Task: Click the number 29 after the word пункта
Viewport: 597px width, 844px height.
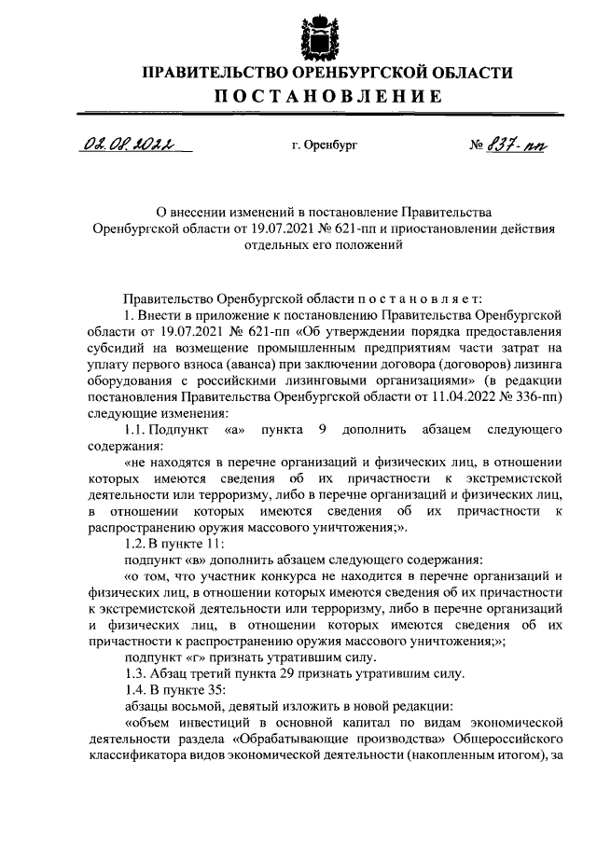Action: tap(285, 673)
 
